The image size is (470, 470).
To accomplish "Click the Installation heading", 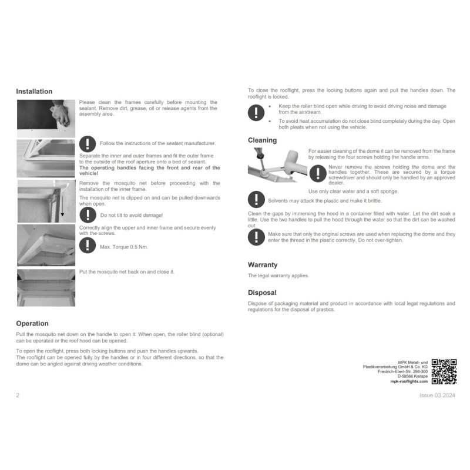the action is coord(34,92).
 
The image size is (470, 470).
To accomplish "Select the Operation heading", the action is coord(32,324).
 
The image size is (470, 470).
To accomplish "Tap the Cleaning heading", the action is coord(262,140).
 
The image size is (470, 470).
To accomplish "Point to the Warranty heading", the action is coord(263,265).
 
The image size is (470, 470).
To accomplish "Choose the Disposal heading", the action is coord(262,293).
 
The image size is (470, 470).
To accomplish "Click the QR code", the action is coord(444,372).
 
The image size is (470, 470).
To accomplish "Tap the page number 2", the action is coord(18,395).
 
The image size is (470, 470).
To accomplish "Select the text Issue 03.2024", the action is coord(437,395).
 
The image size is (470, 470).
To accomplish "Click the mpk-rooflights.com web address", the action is coord(409,381).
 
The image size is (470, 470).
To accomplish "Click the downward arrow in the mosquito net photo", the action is coord(62,205).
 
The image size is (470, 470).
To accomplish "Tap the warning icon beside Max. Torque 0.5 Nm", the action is coord(88,245).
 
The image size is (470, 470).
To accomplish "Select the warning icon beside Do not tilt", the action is coord(88,214).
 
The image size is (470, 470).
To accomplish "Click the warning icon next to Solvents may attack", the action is coord(256,199).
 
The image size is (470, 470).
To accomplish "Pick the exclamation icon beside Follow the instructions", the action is coord(88,144).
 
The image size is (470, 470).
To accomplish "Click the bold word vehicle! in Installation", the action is coord(89,173).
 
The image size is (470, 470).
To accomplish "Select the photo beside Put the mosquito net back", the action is coord(46,288).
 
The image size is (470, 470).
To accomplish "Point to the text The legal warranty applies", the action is coord(278,276).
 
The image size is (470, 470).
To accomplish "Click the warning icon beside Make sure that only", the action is coord(256,237).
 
